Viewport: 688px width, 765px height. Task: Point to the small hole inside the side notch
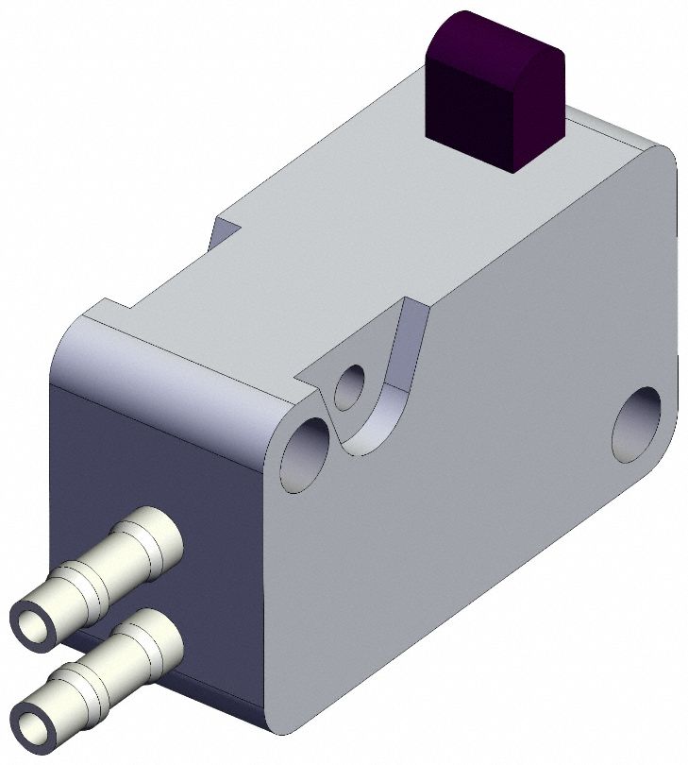[350, 385]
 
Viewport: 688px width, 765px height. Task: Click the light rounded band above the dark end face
[160, 378]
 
